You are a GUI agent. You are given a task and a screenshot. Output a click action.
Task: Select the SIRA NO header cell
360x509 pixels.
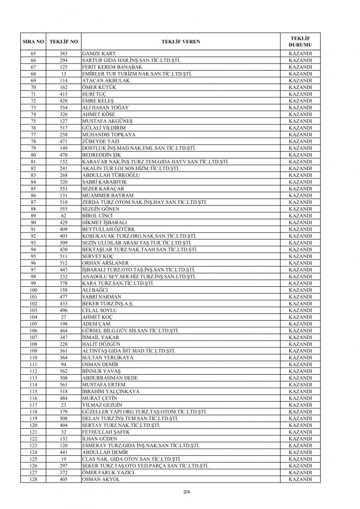coord(33,41)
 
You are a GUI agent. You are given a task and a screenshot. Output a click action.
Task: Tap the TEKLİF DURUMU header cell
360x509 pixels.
coord(300,41)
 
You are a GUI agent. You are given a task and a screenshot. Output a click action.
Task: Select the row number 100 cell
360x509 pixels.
coord(33,290)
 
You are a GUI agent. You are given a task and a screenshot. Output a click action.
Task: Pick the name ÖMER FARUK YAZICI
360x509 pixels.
coord(105,472)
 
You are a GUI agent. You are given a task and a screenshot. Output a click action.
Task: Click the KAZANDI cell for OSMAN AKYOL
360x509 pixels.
coord(300,479)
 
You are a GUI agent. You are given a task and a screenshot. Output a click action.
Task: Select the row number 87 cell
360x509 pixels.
coord(33,202)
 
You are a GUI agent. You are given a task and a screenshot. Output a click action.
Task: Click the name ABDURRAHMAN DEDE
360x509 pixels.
coord(109,378)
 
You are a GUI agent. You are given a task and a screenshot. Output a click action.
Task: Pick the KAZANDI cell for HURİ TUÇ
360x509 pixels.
coord(300,94)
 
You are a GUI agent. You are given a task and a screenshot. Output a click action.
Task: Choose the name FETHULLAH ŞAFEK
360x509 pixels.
coord(104,431)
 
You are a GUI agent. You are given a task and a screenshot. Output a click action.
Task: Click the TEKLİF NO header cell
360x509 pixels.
coord(63,41)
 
